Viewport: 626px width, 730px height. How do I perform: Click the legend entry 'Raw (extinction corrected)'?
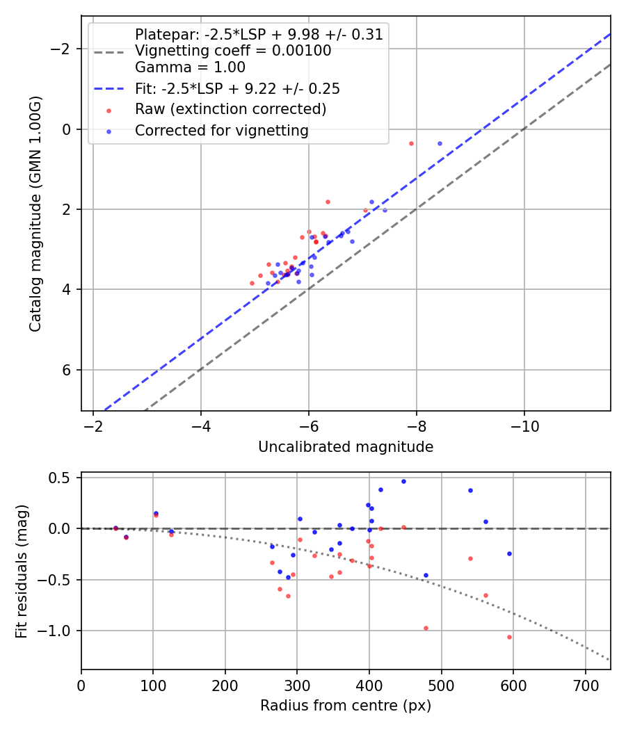click(230, 109)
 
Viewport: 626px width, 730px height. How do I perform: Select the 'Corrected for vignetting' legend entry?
click(221, 130)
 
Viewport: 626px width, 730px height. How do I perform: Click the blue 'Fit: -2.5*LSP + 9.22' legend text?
click(237, 89)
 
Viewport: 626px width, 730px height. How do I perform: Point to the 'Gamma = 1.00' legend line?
click(190, 67)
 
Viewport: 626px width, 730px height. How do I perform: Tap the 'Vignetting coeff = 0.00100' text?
click(233, 51)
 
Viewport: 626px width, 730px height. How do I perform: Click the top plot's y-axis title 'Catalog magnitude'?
click(35, 213)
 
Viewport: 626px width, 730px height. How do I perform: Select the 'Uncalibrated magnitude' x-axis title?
click(346, 447)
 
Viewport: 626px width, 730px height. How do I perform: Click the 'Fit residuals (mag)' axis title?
click(22, 571)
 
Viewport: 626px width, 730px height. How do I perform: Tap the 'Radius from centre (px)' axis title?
click(346, 706)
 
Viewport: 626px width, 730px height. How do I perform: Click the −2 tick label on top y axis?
click(64, 49)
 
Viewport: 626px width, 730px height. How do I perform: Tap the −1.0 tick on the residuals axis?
click(61, 631)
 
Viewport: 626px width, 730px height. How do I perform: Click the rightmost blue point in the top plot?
click(440, 143)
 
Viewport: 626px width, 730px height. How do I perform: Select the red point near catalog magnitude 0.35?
click(411, 143)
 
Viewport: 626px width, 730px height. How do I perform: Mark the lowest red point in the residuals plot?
click(509, 637)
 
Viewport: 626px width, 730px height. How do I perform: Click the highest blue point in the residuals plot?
click(403, 481)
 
